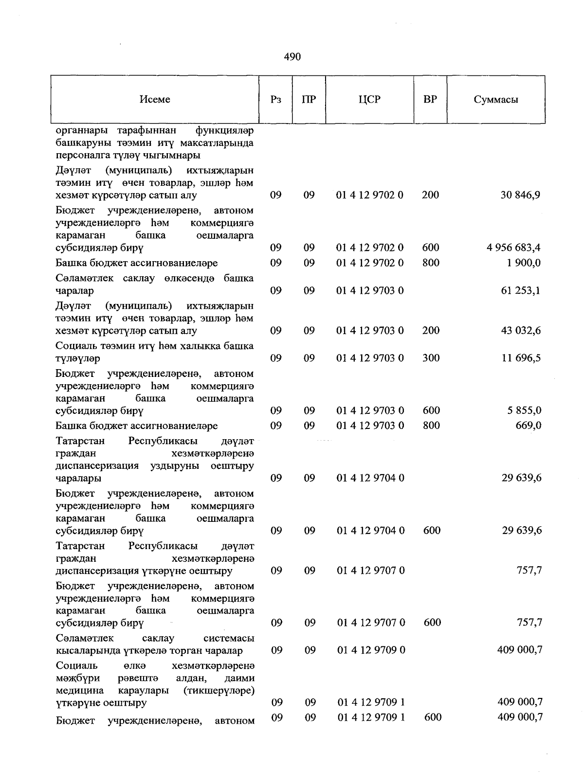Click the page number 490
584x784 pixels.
(x=292, y=57)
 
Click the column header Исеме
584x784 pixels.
(x=155, y=99)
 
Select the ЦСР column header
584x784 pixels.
(x=370, y=99)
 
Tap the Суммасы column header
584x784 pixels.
(x=496, y=99)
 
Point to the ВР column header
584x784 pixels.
(x=430, y=99)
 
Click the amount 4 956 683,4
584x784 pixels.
(x=513, y=248)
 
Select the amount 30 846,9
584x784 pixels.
(x=520, y=195)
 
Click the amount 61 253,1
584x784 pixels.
(x=521, y=290)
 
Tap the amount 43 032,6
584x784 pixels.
(x=521, y=330)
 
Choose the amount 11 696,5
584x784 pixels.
(x=521, y=358)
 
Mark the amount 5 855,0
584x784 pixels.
(x=524, y=410)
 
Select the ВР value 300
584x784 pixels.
(x=431, y=358)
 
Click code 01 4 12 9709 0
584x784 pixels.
(x=371, y=650)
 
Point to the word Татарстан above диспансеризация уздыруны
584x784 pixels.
(x=80, y=441)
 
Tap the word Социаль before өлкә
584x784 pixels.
(x=77, y=665)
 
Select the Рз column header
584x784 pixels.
(x=276, y=99)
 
